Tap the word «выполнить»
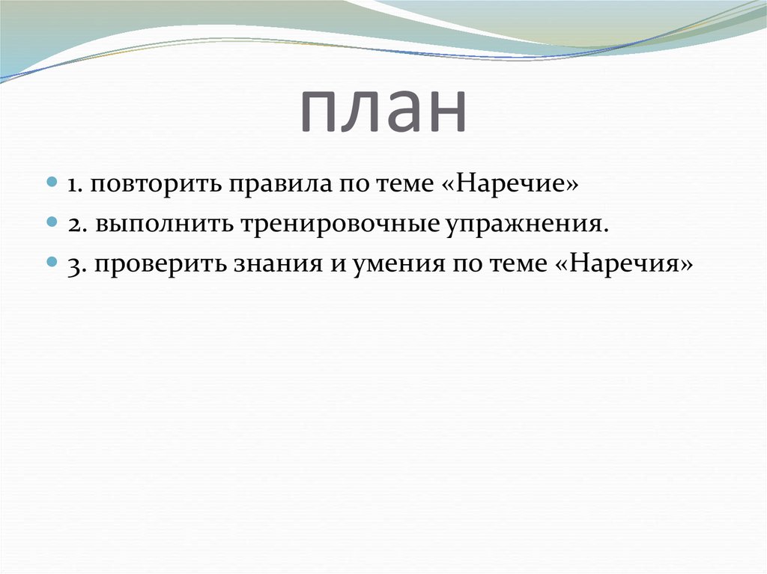pyautogui.click(x=160, y=225)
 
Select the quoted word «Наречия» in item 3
pyautogui.click(x=627, y=265)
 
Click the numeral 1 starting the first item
pyautogui.click(x=73, y=186)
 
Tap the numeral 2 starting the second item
pyautogui.click(x=73, y=225)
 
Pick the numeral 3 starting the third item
pyautogui.click(x=73, y=265)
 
